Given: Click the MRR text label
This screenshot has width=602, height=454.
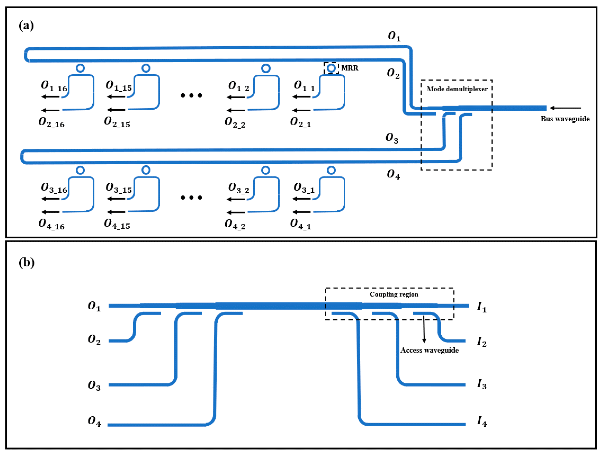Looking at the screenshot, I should point(349,68).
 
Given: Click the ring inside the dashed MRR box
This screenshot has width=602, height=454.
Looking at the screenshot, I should point(331,68).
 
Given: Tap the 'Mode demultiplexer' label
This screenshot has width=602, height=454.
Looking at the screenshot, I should point(457,89).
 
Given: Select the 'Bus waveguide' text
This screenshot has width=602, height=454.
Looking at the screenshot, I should point(565,119).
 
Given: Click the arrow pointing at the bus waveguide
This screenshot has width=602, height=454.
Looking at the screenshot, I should point(565,108).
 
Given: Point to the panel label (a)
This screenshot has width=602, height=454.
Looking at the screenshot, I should point(26,26).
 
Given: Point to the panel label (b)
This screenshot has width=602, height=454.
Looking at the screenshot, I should point(26,263).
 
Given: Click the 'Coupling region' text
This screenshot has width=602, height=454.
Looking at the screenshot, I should point(394,294).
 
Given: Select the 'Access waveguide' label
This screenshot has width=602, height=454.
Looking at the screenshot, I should point(430,350).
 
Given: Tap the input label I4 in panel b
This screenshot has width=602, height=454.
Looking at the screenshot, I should point(482,421).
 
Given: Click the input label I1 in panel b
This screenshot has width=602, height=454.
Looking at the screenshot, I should point(482,307).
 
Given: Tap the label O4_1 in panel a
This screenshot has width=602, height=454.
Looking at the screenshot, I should point(300,224).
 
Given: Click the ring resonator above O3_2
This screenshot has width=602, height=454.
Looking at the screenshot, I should point(266,170).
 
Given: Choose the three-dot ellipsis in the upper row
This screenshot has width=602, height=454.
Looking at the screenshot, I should point(191,96).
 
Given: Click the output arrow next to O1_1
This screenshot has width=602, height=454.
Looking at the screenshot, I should point(301,97).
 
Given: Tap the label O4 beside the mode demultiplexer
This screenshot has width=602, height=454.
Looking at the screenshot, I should point(393,174).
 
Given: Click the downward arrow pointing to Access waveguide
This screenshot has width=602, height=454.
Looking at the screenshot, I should point(424,329).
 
